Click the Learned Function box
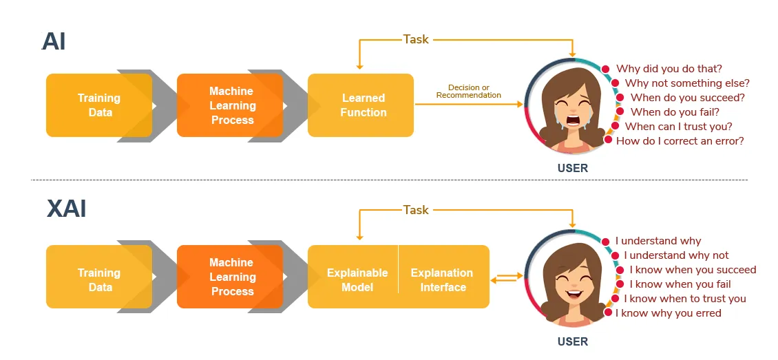coord(361,105)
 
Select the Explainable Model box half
coord(353,276)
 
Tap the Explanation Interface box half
coord(444,276)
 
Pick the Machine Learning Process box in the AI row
coord(230,105)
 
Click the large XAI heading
coord(67,209)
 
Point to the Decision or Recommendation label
coord(468,92)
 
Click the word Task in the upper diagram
coord(416,39)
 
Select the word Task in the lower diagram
coord(416,210)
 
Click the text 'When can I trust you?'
coord(679,127)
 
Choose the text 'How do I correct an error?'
coord(680,141)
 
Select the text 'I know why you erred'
coord(669,313)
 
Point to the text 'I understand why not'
coord(676,255)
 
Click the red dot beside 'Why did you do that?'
coord(605,70)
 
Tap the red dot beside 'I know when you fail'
coord(620,284)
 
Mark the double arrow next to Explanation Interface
coord(507,277)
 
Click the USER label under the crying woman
coord(573,168)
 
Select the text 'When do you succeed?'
coord(688,98)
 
